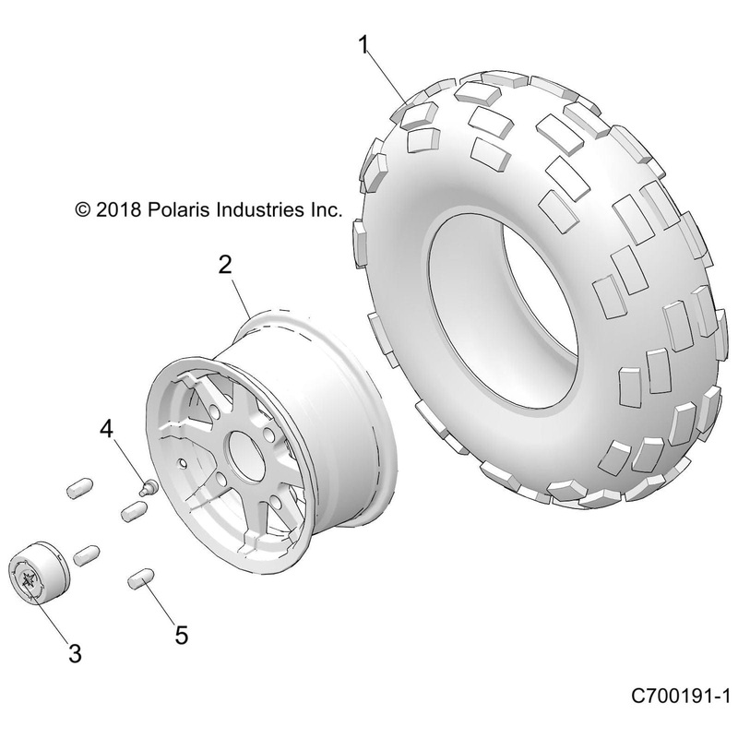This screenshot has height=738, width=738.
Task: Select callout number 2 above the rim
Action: tap(224, 266)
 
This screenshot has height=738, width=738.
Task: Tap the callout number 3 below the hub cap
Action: tap(75, 654)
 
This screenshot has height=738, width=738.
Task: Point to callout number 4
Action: tap(107, 429)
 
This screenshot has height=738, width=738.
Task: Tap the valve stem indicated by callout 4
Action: tap(146, 486)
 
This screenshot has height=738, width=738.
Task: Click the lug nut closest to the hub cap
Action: tap(87, 554)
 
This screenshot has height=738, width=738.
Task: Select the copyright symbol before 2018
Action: tap(111, 210)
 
